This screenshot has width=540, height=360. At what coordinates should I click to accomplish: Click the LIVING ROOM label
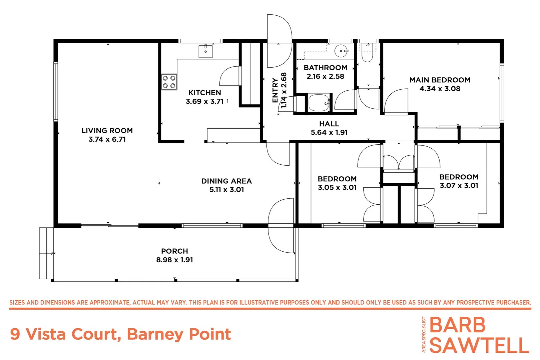click(107, 131)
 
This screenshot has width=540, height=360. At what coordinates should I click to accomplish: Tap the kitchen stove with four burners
click(169, 82)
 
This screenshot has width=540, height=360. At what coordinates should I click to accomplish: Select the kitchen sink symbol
click(205, 51)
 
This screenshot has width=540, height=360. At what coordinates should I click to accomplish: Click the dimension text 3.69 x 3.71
click(204, 101)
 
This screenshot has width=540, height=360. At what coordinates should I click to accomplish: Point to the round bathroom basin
click(341, 51)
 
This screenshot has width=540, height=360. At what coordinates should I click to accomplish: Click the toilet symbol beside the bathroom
click(367, 55)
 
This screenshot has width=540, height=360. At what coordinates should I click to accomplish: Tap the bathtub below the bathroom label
click(319, 103)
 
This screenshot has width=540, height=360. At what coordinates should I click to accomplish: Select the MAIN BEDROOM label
click(440, 80)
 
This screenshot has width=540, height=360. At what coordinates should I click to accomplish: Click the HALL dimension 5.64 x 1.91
click(329, 132)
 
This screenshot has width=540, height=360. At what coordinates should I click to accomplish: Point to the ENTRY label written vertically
click(275, 90)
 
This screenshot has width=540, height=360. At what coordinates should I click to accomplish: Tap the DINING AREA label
click(226, 181)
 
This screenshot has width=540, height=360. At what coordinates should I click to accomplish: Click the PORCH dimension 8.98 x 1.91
click(174, 260)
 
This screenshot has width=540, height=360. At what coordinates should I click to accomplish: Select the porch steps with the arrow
click(46, 253)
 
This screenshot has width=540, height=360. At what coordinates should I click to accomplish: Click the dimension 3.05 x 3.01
click(337, 187)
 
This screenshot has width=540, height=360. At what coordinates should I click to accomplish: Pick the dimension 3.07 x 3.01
click(459, 186)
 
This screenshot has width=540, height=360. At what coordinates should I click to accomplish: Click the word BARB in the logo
click(457, 325)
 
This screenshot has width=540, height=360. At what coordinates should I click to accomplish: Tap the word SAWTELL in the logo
click(479, 345)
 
